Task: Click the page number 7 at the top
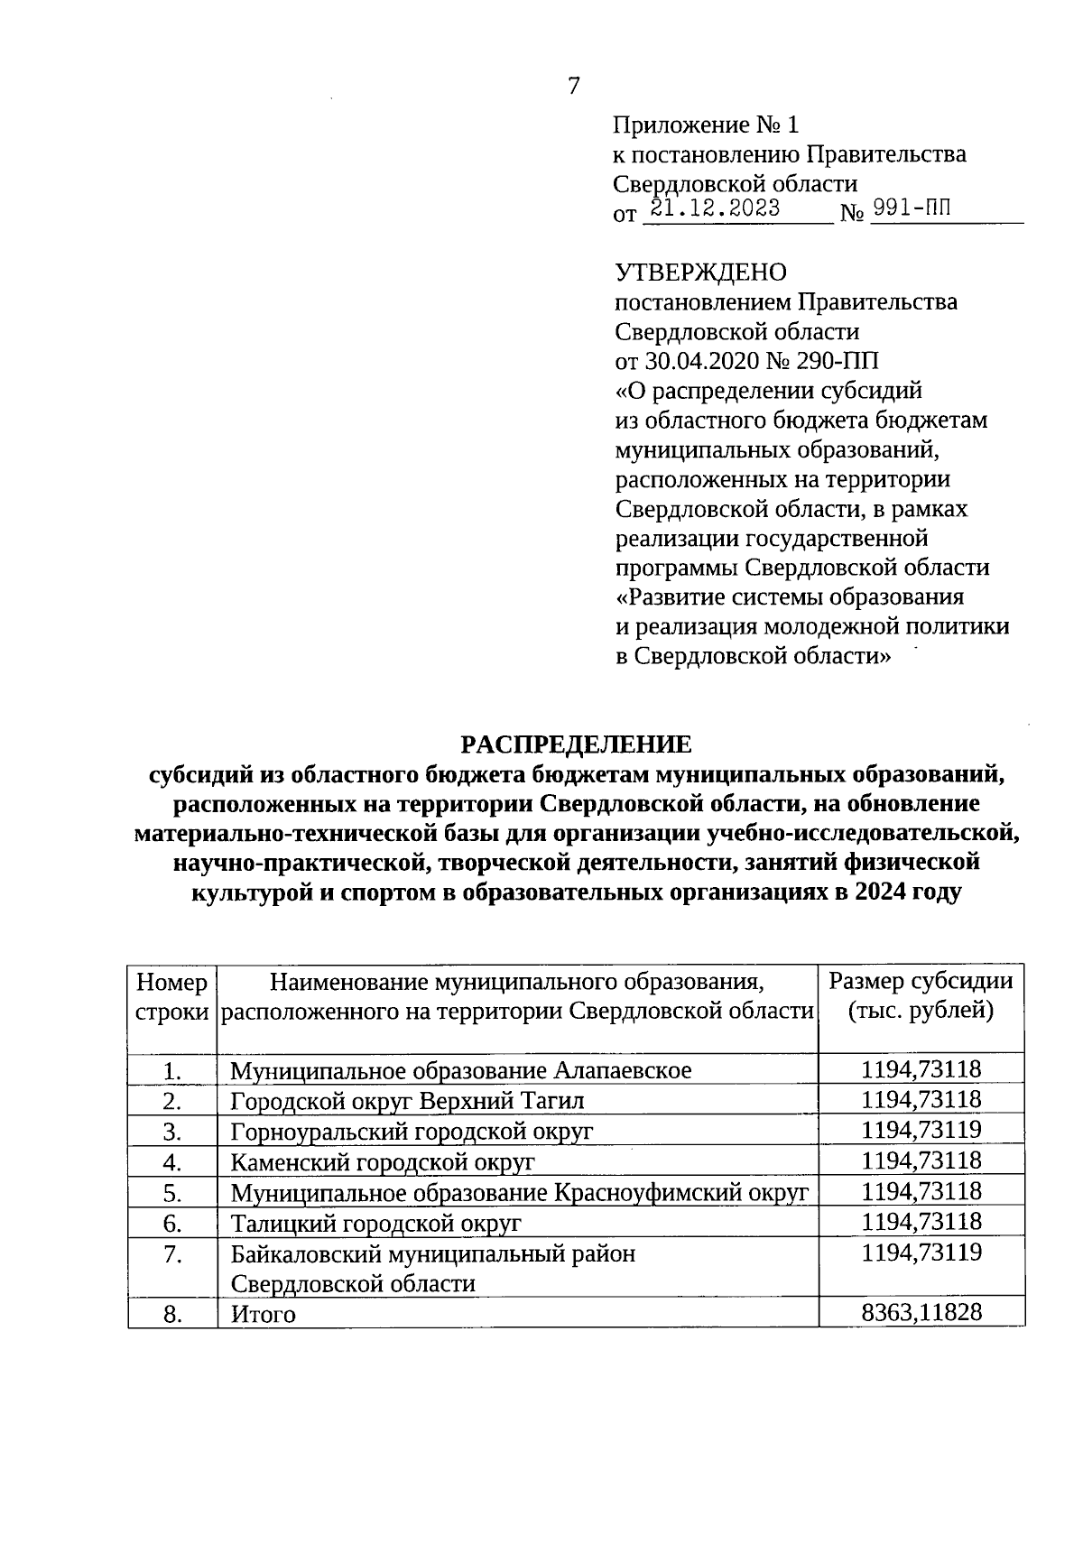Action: coord(574,87)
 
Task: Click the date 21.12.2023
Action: coord(715,209)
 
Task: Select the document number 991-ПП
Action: coord(912,209)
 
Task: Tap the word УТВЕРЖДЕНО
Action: coord(700,272)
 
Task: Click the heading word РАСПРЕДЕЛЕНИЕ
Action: coord(576,744)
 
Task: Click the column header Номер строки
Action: coord(171,996)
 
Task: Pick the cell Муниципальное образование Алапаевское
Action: coord(460,1071)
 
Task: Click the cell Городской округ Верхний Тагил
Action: coord(407,1102)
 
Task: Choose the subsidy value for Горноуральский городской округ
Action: coord(921,1130)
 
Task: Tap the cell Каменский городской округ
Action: coord(383,1162)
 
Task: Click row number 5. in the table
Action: coord(173,1193)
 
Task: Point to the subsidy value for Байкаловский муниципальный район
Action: coord(921,1253)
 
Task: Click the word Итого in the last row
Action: coord(263,1315)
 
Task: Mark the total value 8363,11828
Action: coord(921,1313)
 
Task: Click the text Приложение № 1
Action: coord(706,125)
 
